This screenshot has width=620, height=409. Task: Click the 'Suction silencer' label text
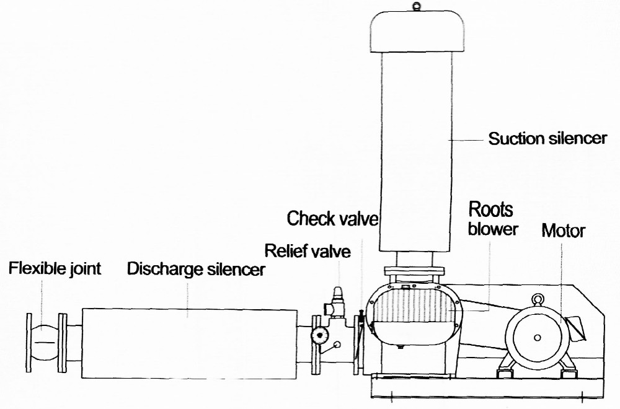(547, 138)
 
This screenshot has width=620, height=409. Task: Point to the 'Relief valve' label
(307, 251)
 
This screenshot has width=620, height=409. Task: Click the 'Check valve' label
(332, 219)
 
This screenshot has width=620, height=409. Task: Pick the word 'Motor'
(563, 231)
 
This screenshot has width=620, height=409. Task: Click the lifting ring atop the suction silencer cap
(415, 7)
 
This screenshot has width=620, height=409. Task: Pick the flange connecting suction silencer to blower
(415, 270)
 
